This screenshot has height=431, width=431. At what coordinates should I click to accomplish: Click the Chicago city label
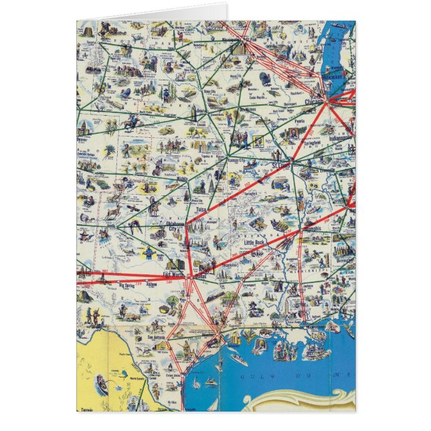[x=313, y=102]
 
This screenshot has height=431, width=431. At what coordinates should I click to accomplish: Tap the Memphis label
[x=312, y=228]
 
